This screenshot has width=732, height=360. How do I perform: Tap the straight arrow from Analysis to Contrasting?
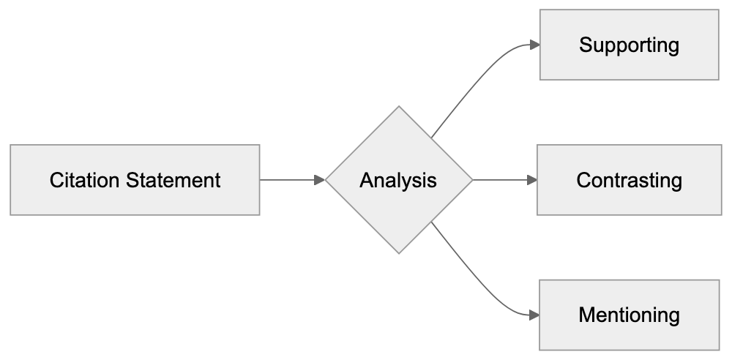point(501,179)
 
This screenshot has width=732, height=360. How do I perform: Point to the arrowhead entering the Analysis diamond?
point(320,179)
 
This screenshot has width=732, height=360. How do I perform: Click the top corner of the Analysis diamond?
point(399,108)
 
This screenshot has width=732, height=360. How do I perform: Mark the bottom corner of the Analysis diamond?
point(399,252)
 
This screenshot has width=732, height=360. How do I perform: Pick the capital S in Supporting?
point(585,45)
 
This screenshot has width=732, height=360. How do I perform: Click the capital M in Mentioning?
point(586,315)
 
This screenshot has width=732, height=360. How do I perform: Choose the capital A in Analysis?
point(366,180)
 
